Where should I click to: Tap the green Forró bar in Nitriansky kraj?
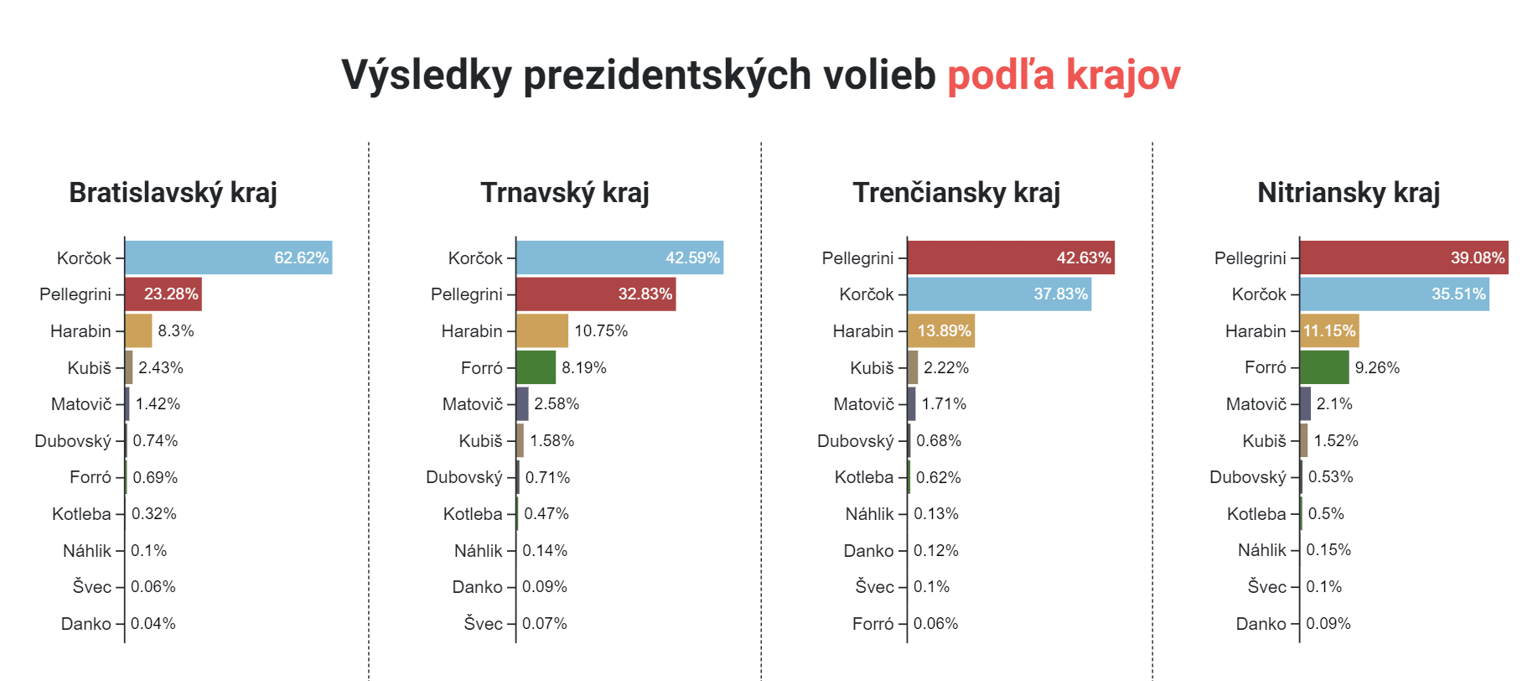pyautogui.click(x=1324, y=367)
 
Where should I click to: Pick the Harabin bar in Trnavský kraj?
pyautogui.click(x=542, y=331)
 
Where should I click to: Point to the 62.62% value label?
pyautogui.click(x=302, y=257)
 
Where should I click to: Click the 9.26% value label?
pyautogui.click(x=1377, y=367)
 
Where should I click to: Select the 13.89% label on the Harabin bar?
pyautogui.click(x=944, y=331)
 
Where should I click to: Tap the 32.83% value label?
pyautogui.click(x=645, y=294)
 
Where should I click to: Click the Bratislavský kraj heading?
pyautogui.click(x=173, y=193)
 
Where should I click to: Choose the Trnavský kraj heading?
pyautogui.click(x=565, y=193)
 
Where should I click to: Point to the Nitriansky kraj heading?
pyautogui.click(x=1349, y=193)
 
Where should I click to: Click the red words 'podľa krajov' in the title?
pyautogui.click(x=1064, y=75)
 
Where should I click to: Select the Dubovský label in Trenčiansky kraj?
pyautogui.click(x=855, y=441)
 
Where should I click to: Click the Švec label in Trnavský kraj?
pyautogui.click(x=484, y=624)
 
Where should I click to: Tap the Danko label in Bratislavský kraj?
pyautogui.click(x=86, y=624)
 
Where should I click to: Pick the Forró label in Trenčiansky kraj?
pyautogui.click(x=873, y=624)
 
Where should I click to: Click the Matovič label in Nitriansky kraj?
pyautogui.click(x=1256, y=404)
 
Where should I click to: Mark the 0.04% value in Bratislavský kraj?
pyautogui.click(x=153, y=624)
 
